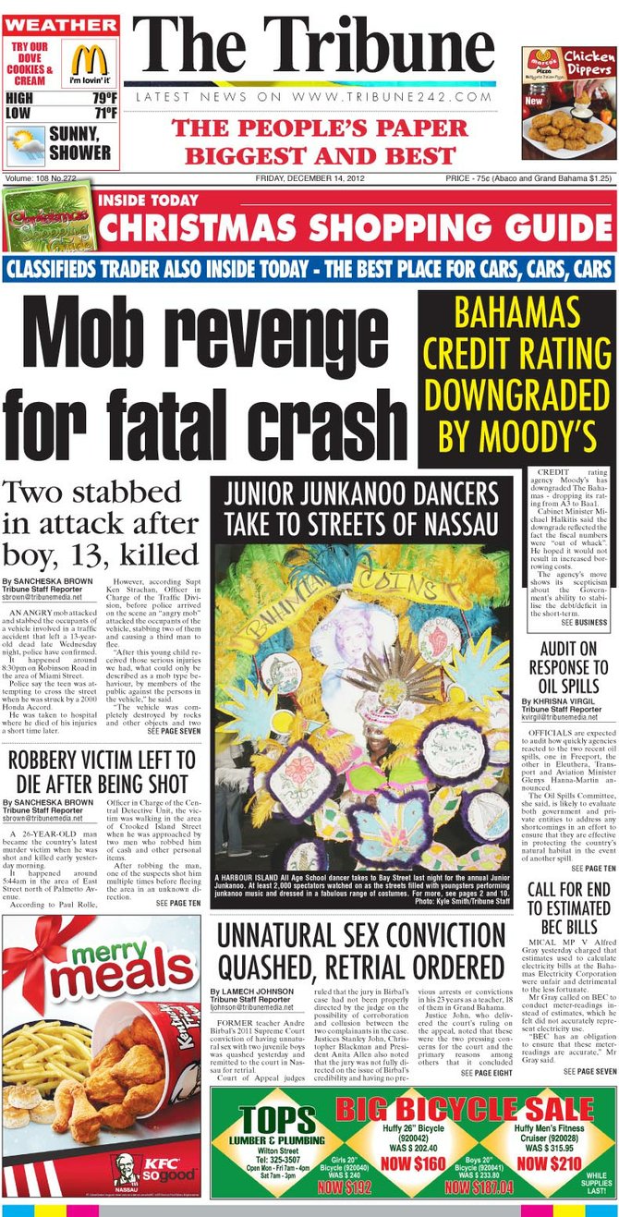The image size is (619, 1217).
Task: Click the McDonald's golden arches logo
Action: [90, 60]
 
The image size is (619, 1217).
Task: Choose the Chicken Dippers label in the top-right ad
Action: [589, 62]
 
